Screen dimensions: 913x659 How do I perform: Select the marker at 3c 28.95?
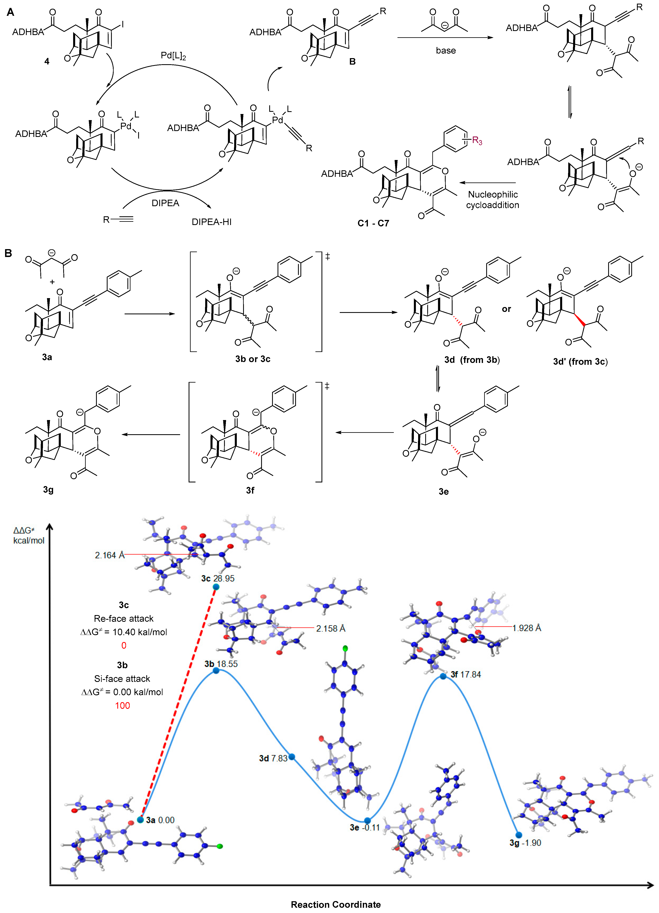coord(216,587)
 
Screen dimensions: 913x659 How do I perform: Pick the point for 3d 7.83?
coord(292,757)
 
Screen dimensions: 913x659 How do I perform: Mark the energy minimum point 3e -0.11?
coord(367,820)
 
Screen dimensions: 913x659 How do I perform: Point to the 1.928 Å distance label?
coord(527,628)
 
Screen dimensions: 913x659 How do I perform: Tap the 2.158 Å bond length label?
coord(330,628)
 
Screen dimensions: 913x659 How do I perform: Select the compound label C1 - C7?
coord(373,223)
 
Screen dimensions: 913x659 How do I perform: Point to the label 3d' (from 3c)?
coord(580,362)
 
